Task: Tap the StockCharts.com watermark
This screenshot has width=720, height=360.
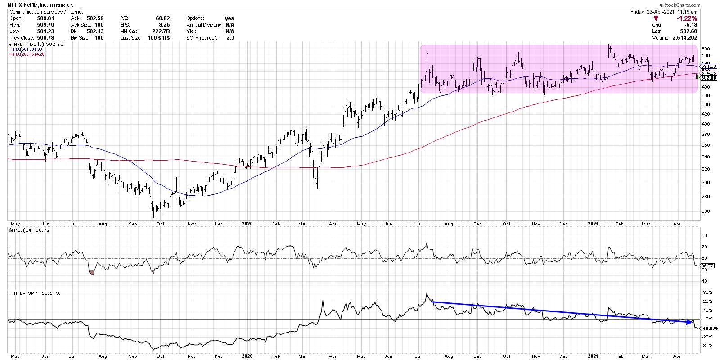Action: coord(682,4)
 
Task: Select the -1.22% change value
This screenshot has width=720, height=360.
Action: coord(688,18)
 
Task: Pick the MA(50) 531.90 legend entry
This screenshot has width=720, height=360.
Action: coord(26,49)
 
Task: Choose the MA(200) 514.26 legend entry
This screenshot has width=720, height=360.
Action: coord(27,54)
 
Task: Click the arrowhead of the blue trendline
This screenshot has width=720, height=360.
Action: coord(691,323)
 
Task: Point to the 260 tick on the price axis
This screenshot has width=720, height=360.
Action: coord(705,211)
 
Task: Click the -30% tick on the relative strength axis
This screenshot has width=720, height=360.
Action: coord(706,346)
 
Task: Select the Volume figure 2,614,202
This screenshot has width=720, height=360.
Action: coord(685,38)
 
